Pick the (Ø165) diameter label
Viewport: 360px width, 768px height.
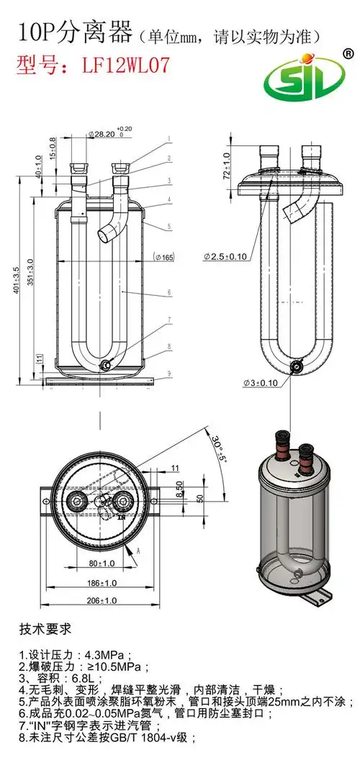pyautogui.click(x=166, y=257)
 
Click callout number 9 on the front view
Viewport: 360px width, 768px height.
pyautogui.click(x=169, y=374)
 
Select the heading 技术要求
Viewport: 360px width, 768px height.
pyautogui.click(x=45, y=629)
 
